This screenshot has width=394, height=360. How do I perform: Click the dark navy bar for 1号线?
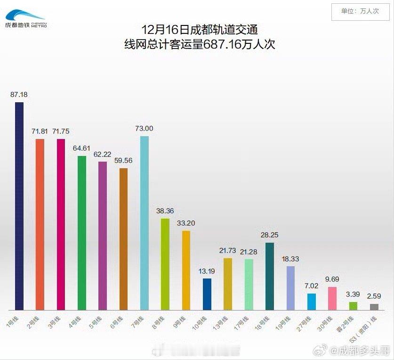coord(19,206)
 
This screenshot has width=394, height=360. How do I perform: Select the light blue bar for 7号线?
coord(145,223)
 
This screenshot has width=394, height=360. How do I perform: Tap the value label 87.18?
coord(19,94)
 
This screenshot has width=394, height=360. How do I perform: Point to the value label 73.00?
coord(144,128)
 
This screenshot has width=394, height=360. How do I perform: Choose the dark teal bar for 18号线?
coord(270,276)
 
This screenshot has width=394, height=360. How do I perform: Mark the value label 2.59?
coord(374,296)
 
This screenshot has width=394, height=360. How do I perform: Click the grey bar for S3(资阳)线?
coord(374,307)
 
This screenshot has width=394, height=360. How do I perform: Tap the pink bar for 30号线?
coord(332,298)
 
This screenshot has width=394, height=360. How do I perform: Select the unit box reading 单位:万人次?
coord(360,11)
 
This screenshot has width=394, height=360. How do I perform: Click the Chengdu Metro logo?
coord(26,19)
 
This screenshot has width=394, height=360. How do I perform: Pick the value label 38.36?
coord(165,211)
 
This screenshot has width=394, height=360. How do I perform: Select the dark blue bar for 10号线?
coord(207,294)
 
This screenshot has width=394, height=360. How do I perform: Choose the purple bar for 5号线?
coord(103,236)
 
